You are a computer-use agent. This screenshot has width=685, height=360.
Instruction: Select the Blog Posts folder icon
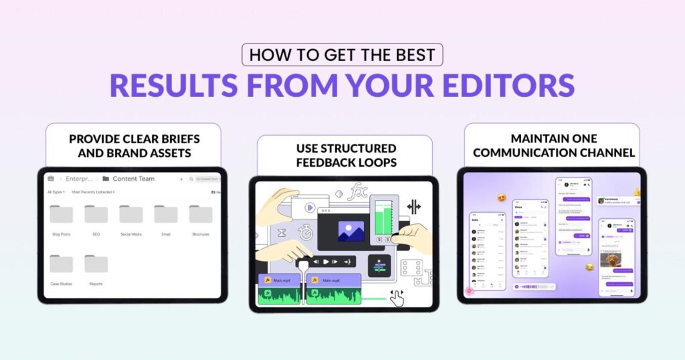(x=61, y=214)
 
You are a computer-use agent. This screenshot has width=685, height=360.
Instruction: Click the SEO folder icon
(x=96, y=214)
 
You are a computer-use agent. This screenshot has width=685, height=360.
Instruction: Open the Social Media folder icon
(x=130, y=214)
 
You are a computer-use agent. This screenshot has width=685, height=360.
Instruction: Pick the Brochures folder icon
(x=200, y=214)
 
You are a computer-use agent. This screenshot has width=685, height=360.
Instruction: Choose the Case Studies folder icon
(x=61, y=264)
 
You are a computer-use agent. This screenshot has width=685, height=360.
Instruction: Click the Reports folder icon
(x=96, y=264)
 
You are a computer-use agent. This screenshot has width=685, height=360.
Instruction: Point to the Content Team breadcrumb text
(x=133, y=179)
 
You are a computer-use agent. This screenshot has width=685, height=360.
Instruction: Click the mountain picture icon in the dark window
(x=351, y=231)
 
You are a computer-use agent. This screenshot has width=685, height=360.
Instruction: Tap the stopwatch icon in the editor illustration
(x=306, y=232)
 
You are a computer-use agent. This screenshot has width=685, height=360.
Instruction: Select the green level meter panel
(x=384, y=215)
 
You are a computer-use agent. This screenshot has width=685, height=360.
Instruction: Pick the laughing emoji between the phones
(x=589, y=266)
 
